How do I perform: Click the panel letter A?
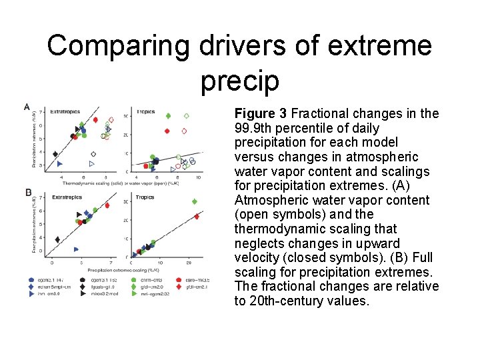click(x=27, y=107)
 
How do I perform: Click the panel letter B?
click(x=28, y=193)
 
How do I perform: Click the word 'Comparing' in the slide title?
click(x=118, y=46)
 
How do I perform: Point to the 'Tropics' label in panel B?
click(x=145, y=197)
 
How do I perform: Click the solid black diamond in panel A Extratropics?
click(x=55, y=154)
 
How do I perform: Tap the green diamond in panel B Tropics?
click(x=195, y=201)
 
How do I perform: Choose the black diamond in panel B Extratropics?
click(x=57, y=239)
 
